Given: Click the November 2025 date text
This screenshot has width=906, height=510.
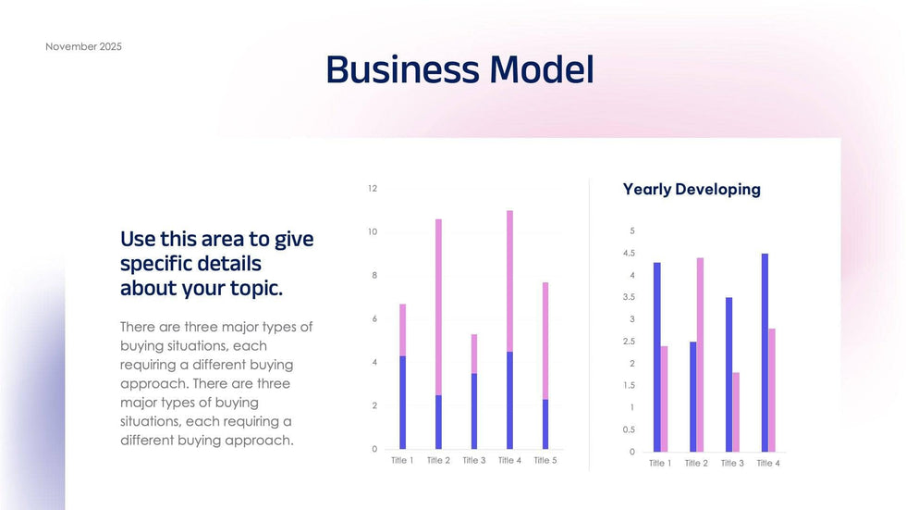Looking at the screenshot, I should click(83, 46).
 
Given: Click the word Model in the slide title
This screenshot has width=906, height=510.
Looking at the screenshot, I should click(541, 70).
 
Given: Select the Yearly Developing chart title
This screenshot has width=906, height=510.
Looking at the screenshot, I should click(692, 190).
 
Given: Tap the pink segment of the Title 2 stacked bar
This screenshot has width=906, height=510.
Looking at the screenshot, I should click(438, 305).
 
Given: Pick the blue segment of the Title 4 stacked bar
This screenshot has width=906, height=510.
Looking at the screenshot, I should click(509, 400).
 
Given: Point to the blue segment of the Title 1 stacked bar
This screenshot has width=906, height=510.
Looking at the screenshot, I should click(402, 402).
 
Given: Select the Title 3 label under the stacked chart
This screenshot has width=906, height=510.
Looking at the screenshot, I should click(473, 460).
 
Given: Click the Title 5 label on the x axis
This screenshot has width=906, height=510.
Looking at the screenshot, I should click(545, 460).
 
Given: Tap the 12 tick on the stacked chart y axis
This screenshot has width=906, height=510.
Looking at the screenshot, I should click(373, 189).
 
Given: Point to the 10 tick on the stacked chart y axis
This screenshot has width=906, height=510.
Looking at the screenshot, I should click(373, 232).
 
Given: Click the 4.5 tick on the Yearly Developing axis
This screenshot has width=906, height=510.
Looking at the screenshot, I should click(629, 253).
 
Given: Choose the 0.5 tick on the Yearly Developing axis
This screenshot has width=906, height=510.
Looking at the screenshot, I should click(629, 430).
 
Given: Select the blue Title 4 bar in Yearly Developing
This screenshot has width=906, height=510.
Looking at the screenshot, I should click(765, 353).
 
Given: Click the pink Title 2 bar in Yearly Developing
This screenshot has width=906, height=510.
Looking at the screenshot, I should click(700, 355).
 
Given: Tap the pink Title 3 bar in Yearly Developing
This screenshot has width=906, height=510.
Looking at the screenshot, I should click(736, 412).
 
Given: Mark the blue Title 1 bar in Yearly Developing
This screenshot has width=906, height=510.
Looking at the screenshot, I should click(656, 357).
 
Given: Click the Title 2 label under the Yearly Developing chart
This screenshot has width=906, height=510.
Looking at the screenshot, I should click(696, 463).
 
